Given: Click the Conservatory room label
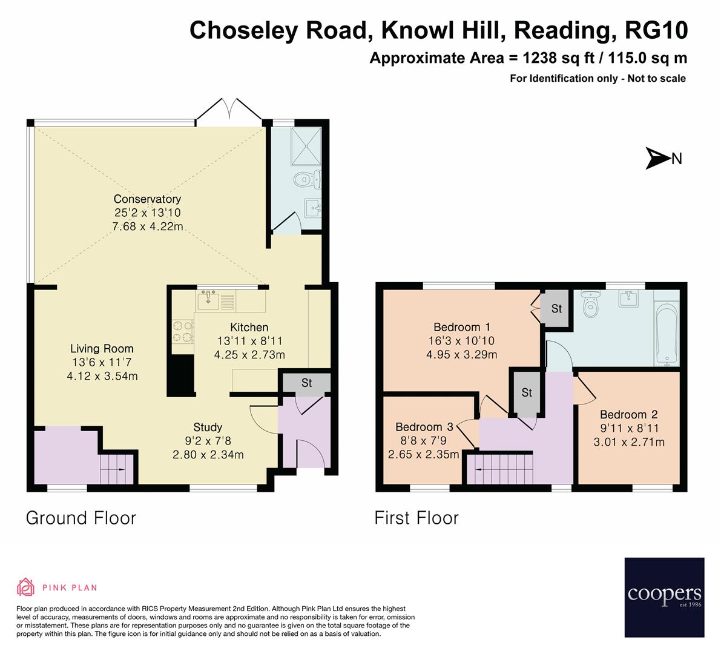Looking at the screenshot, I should pos(148,199).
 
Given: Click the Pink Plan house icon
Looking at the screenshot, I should pos(26,587).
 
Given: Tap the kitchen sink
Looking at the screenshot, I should pos(209,299).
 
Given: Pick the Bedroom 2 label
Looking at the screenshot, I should pos(628,415).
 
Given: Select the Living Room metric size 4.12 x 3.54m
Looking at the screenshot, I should pos(102,376).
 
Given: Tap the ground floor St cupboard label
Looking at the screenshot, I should pos(306,383).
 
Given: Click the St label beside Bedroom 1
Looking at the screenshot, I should pos(556,309).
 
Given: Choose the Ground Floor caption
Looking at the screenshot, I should pos(81,518).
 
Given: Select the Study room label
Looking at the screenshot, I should pos(208,427).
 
